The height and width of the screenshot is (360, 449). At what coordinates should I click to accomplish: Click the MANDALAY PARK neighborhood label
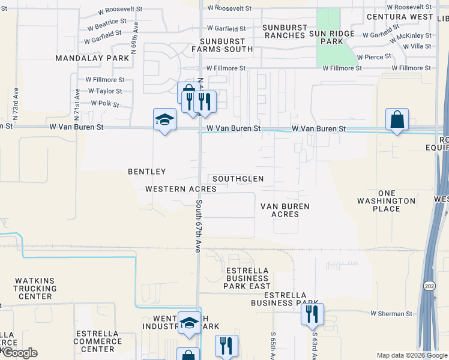pyautogui.click(x=92, y=58)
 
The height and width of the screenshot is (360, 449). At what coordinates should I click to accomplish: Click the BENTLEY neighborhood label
pyautogui.click(x=146, y=172)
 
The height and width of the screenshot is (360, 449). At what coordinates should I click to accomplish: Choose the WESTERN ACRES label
pyautogui.click(x=181, y=188)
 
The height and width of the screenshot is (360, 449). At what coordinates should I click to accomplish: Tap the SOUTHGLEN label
pyautogui.click(x=238, y=179)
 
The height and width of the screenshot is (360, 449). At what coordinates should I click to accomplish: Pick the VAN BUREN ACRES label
pyautogui.click(x=285, y=210)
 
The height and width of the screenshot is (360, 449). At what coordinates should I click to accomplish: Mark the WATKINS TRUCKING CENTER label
pyautogui.click(x=35, y=288)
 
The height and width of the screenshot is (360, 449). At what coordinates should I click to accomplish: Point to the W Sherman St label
pyautogui.click(x=391, y=314)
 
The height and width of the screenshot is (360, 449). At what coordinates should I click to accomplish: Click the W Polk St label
pyautogui.click(x=106, y=103)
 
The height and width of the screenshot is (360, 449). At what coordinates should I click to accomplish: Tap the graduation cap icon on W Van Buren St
pyautogui.click(x=164, y=119)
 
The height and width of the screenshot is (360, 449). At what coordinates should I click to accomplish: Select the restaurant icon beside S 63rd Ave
pyautogui.click(x=312, y=314)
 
